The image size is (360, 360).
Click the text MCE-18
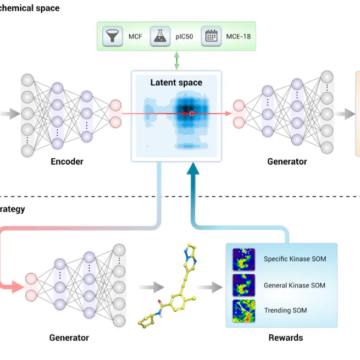tap(238, 37)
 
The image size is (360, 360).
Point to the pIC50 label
tap(184, 37)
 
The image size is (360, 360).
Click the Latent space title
tap(176, 83)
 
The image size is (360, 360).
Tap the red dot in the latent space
tap(191, 114)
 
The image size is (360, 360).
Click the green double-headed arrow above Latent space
tap(176, 60)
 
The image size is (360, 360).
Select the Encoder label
tap(67, 162)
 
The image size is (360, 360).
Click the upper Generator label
tap(287, 162)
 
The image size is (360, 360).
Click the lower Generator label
tap(69, 337)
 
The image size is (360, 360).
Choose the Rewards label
tap(285, 337)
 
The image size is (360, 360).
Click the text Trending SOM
tap(285, 310)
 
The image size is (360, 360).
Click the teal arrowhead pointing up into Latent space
tap(192, 170)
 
